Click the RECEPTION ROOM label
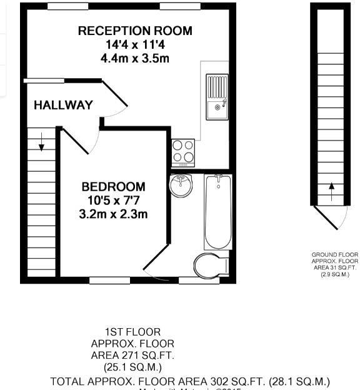tap(135, 31)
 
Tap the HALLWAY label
tap(63, 105)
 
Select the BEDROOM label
tap(113, 186)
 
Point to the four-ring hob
tap(183, 151)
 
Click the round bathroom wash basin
tap(181, 186)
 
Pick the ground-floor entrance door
tap(331, 217)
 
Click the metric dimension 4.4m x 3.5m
tap(135, 58)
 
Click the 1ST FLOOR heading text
tap(132, 332)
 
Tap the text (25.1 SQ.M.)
tap(132, 366)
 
